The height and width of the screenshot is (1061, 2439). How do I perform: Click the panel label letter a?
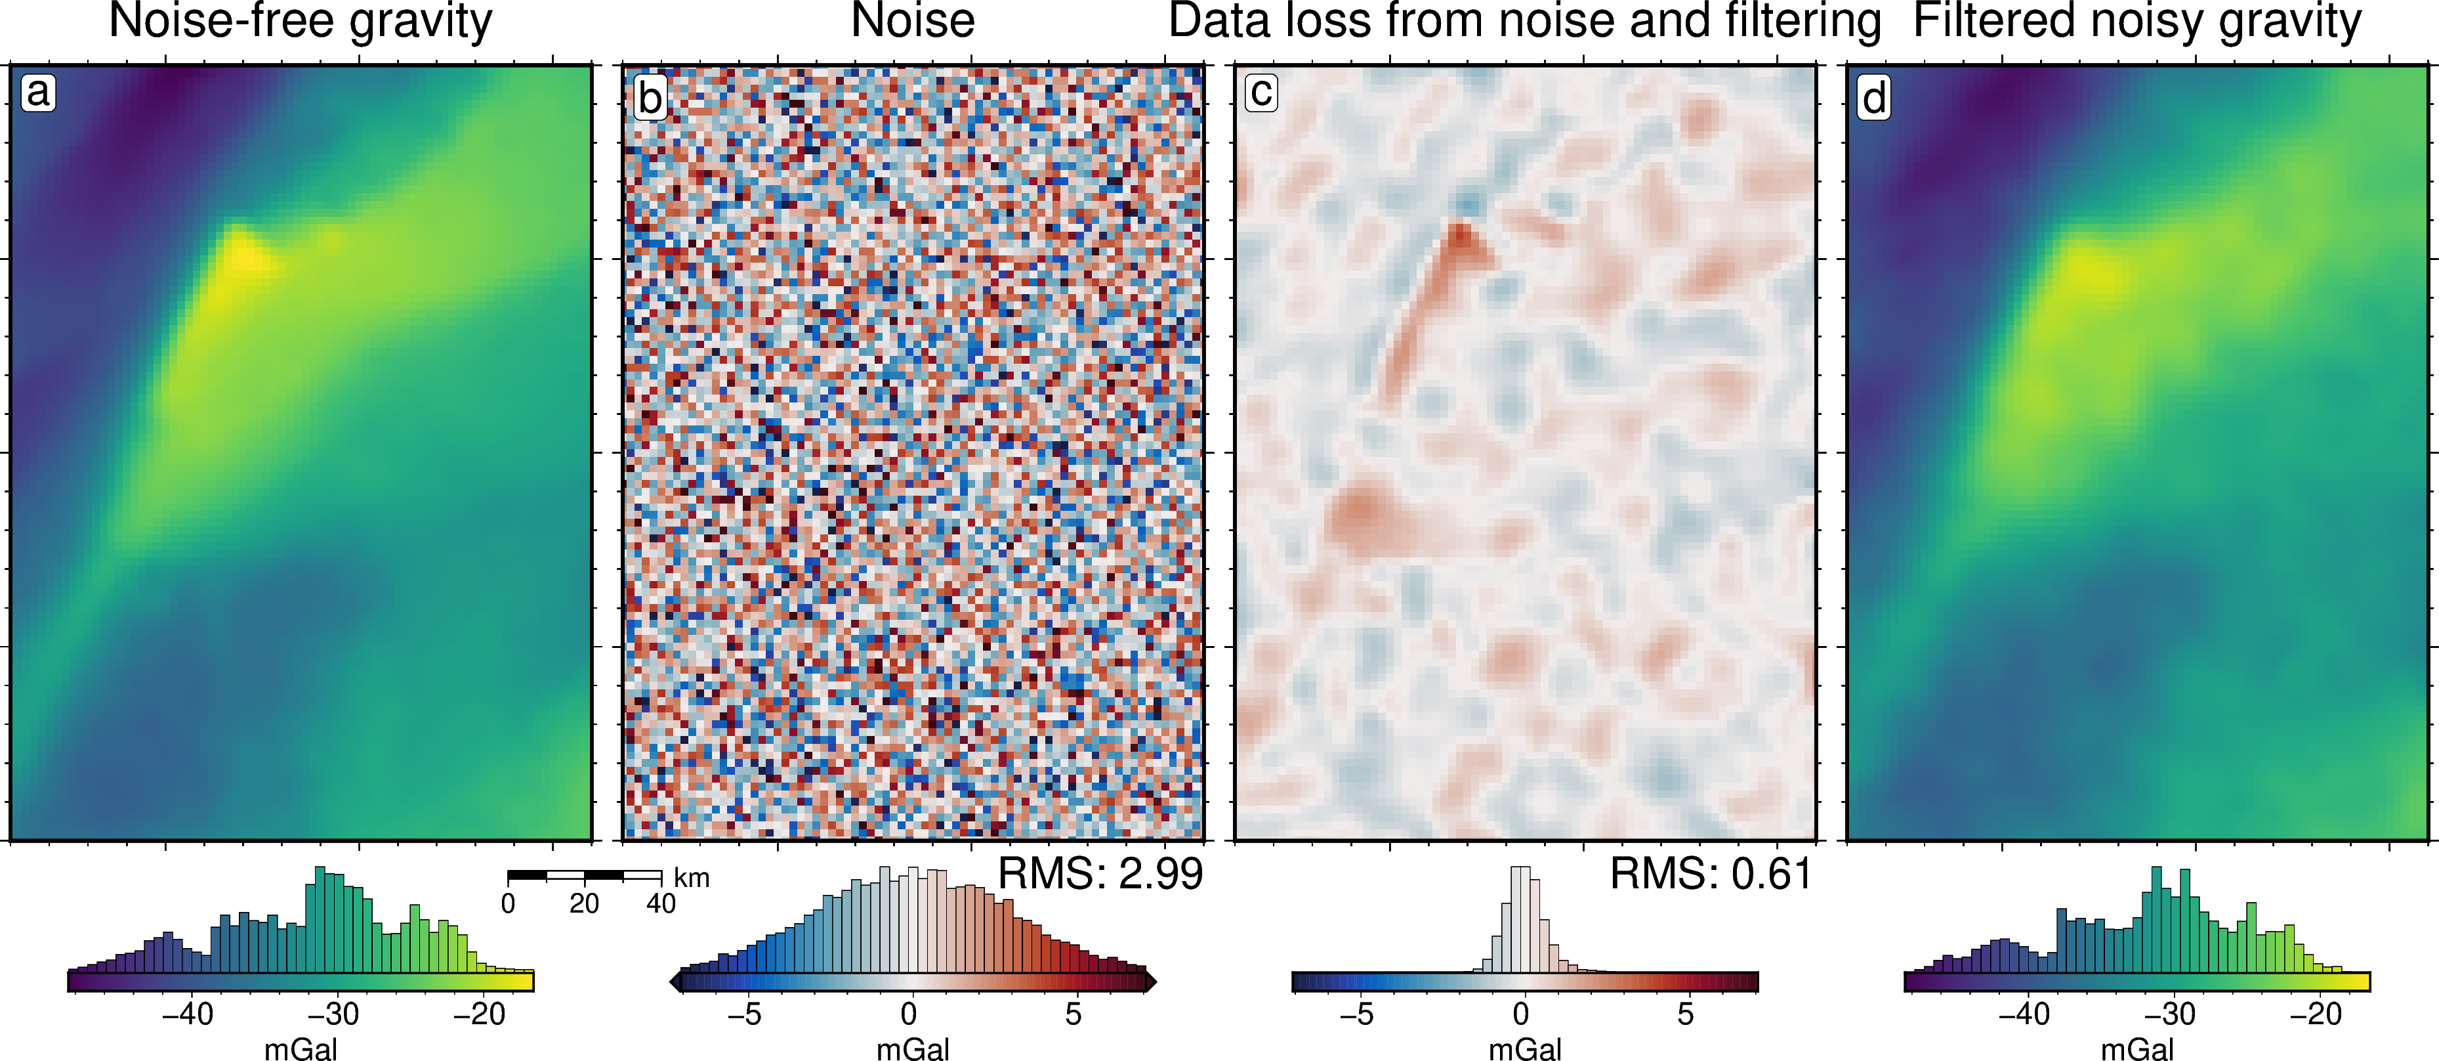point(38,93)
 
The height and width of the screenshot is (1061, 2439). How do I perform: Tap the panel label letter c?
point(1261,93)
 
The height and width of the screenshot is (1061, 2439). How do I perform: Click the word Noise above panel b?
point(913,21)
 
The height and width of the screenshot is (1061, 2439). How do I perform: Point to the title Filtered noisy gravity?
point(2137,21)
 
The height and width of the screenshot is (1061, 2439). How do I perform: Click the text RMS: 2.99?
point(1100,873)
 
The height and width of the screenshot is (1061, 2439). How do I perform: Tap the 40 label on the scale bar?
point(661,903)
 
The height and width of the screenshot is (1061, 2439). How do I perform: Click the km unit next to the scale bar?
point(691,878)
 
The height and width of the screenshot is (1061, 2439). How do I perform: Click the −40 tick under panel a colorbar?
point(188,1014)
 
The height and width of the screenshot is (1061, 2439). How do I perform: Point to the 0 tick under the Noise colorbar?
point(909,1014)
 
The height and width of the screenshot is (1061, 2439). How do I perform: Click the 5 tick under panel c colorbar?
point(1685,1014)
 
